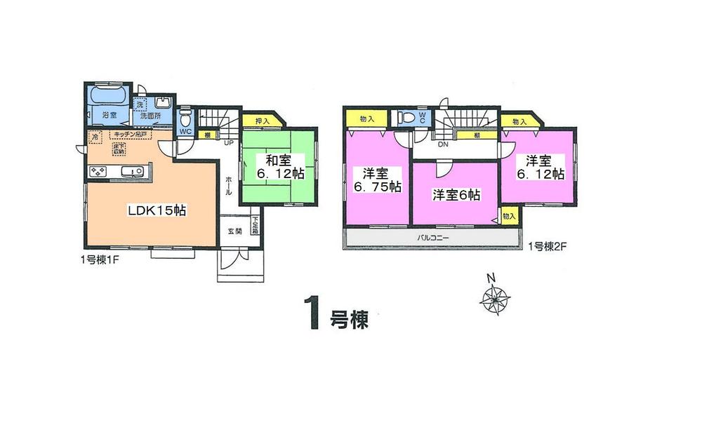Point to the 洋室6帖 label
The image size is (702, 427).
(456, 196)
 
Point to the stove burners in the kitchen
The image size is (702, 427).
(98, 172)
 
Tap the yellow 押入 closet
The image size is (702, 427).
(259, 121)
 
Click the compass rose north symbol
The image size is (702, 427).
(495, 298)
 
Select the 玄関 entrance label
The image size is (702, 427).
(234, 231)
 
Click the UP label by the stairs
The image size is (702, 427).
(227, 143)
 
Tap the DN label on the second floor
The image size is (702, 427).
(442, 145)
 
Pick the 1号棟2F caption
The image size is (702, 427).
(548, 246)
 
